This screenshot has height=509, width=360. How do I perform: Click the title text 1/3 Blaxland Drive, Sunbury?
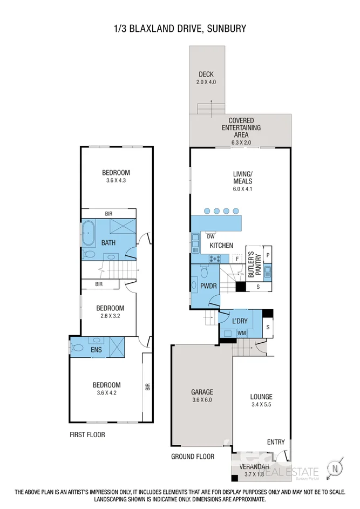point(180,29)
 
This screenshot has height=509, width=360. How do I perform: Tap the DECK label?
point(206,74)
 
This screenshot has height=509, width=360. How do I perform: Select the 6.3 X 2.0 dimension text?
point(241,142)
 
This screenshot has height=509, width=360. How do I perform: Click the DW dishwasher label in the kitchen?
point(211,236)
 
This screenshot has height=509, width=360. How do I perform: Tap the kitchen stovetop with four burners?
point(215,259)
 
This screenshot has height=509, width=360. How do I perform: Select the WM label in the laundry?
point(242,333)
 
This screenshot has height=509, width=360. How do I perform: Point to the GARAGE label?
point(202,392)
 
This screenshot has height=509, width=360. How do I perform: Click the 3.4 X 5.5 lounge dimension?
point(261,405)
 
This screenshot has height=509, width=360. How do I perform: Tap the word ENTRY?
point(275,442)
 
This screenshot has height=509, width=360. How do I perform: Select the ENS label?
point(97,350)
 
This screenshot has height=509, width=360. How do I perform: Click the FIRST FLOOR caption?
point(87,435)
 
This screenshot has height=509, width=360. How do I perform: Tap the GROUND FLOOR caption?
point(193,457)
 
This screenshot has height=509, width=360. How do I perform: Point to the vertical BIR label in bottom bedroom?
point(147,387)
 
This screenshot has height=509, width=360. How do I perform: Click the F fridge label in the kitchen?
point(237,259)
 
